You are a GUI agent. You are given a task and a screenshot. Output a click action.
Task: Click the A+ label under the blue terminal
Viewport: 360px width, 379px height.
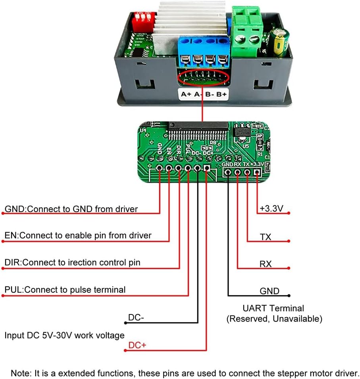pyautogui.click(x=187, y=94)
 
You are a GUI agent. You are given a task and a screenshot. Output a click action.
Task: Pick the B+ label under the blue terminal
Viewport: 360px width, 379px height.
pyautogui.click(x=222, y=94)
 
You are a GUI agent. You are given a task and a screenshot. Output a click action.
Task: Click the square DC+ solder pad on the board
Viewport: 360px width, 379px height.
pyautogui.click(x=206, y=168)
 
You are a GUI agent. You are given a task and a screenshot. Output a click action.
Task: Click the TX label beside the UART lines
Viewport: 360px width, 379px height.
pyautogui.click(x=266, y=237)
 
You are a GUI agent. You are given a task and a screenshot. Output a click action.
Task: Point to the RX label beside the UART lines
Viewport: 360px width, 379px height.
pyautogui.click(x=266, y=264)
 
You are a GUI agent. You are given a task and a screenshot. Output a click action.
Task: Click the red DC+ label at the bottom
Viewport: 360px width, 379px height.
pyautogui.click(x=137, y=346)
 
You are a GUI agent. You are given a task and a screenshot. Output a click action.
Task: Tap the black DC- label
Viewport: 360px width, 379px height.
pyautogui.click(x=136, y=318)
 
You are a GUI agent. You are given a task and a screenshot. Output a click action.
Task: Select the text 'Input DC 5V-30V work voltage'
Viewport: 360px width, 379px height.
pyautogui.click(x=64, y=335)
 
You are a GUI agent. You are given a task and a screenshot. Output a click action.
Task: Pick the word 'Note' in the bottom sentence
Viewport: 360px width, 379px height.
pyautogui.click(x=20, y=373)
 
